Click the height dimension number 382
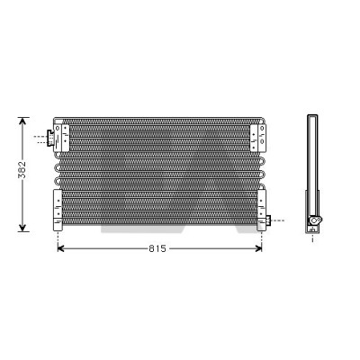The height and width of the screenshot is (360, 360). (22, 170)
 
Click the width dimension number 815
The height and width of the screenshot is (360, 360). (157, 248)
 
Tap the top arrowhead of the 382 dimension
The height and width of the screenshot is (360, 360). (22, 121)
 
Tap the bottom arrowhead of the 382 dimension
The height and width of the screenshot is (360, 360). (22, 228)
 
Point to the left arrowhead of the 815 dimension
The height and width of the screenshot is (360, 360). (61, 248)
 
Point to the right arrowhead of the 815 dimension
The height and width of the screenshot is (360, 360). (258, 248)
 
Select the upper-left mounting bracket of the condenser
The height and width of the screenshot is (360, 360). (61, 138)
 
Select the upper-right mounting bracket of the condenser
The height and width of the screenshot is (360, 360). (258, 138)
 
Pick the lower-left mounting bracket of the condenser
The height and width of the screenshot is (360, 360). (58, 211)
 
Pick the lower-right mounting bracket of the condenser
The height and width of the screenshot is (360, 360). (262, 211)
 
